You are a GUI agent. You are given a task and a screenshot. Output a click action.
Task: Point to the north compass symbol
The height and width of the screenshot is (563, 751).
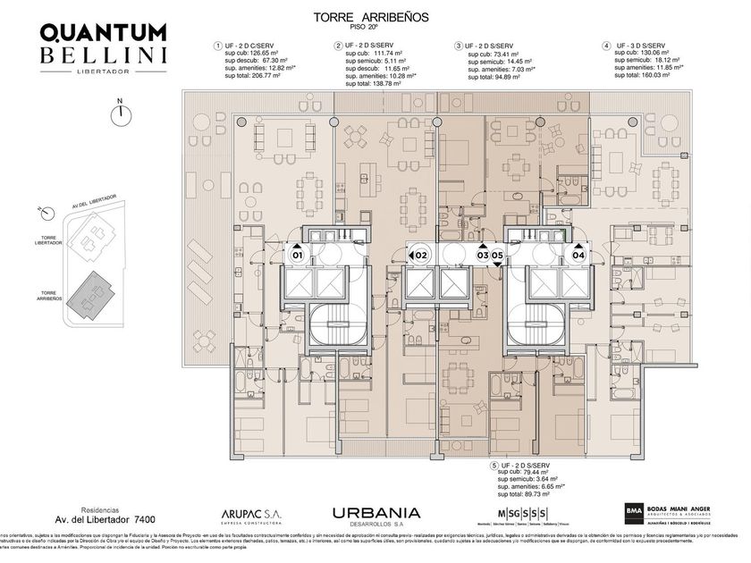(x=118, y=113)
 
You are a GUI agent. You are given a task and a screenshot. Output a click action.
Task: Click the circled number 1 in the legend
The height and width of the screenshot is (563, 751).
(x=215, y=46)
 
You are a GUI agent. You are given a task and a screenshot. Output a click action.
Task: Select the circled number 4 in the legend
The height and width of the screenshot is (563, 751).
(x=606, y=46)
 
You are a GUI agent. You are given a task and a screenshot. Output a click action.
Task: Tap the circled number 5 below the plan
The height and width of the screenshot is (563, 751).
(x=494, y=466)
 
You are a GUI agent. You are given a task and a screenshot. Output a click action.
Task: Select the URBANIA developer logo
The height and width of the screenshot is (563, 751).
(x=375, y=513)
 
